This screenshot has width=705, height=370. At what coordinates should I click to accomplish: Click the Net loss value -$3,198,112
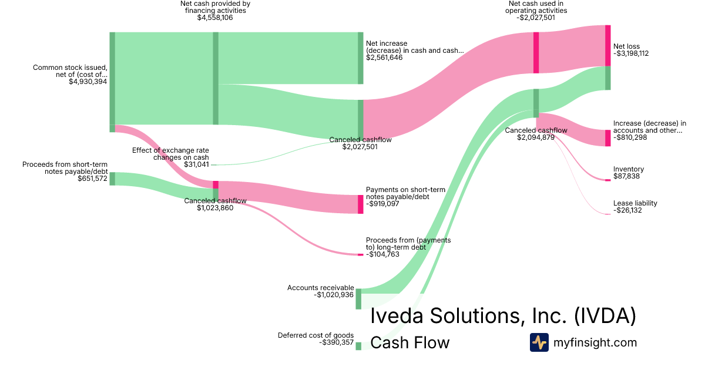pyautogui.click(x=632, y=53)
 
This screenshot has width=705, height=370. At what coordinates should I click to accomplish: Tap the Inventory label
pyautogui.click(x=628, y=169)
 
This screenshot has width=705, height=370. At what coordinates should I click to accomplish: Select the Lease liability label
pyautogui.click(x=635, y=203)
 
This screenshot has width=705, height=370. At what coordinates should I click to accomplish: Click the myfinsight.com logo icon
pyautogui.click(x=539, y=342)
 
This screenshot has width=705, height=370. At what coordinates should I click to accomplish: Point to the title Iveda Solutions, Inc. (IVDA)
pyautogui.click(x=503, y=316)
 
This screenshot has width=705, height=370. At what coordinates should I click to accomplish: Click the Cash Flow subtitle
pyautogui.click(x=410, y=342)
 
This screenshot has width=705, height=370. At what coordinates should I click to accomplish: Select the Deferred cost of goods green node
pyautogui.click(x=358, y=346)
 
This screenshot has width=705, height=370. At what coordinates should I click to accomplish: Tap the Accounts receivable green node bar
pyautogui.click(x=358, y=299)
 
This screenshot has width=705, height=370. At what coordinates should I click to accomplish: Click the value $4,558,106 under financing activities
pyautogui.click(x=215, y=18)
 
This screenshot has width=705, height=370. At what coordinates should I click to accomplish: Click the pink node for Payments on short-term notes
pyautogui.click(x=361, y=204)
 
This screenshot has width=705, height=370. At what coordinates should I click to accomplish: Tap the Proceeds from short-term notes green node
pyautogui.click(x=112, y=179)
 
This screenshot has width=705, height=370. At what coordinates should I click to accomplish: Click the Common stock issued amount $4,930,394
pyautogui.click(x=88, y=82)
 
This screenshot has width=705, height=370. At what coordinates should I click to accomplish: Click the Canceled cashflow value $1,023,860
pyautogui.click(x=215, y=208)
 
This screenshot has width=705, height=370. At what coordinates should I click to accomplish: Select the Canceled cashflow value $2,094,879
pyautogui.click(x=536, y=137)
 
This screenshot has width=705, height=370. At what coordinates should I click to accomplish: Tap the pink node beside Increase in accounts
pyautogui.click(x=608, y=138)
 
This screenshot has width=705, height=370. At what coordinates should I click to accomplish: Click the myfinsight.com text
pyautogui.click(x=595, y=342)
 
